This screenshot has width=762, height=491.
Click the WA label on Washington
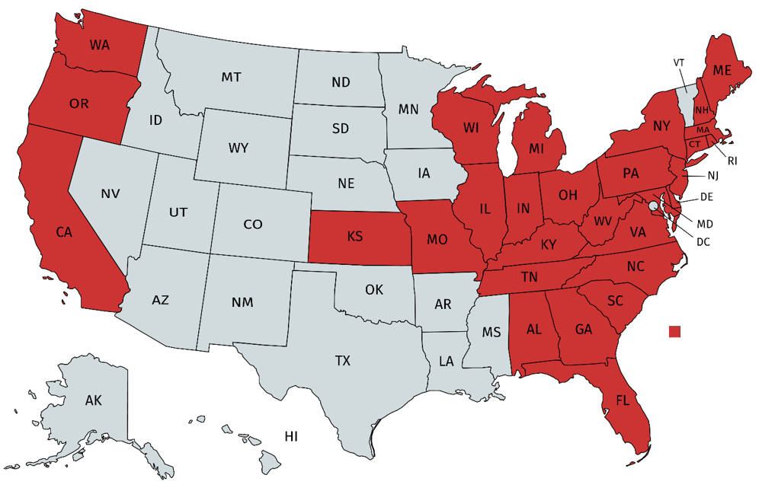99,45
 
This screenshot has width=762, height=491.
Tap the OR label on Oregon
78,104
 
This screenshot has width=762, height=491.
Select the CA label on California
63,233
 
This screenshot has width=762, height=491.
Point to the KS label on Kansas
354,237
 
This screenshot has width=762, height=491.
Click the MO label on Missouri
437,240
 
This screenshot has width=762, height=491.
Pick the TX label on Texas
343,361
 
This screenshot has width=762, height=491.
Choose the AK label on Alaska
94,400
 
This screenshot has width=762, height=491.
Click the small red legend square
674,332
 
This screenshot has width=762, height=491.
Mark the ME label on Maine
722,71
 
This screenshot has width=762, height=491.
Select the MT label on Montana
232,77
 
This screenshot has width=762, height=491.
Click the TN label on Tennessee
529,278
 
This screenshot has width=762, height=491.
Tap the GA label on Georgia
584,330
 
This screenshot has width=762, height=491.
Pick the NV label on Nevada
110,194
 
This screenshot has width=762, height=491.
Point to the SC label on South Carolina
615,301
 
